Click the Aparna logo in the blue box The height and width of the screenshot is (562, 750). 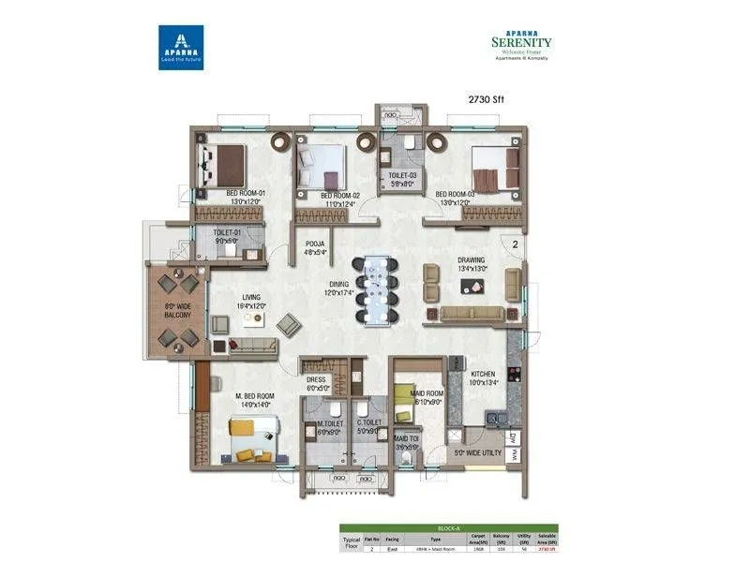[x=181, y=48]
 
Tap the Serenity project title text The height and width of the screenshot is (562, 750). [x=521, y=42]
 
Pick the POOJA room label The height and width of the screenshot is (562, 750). [x=314, y=246]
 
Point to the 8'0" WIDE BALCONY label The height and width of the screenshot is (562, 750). [x=177, y=309]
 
